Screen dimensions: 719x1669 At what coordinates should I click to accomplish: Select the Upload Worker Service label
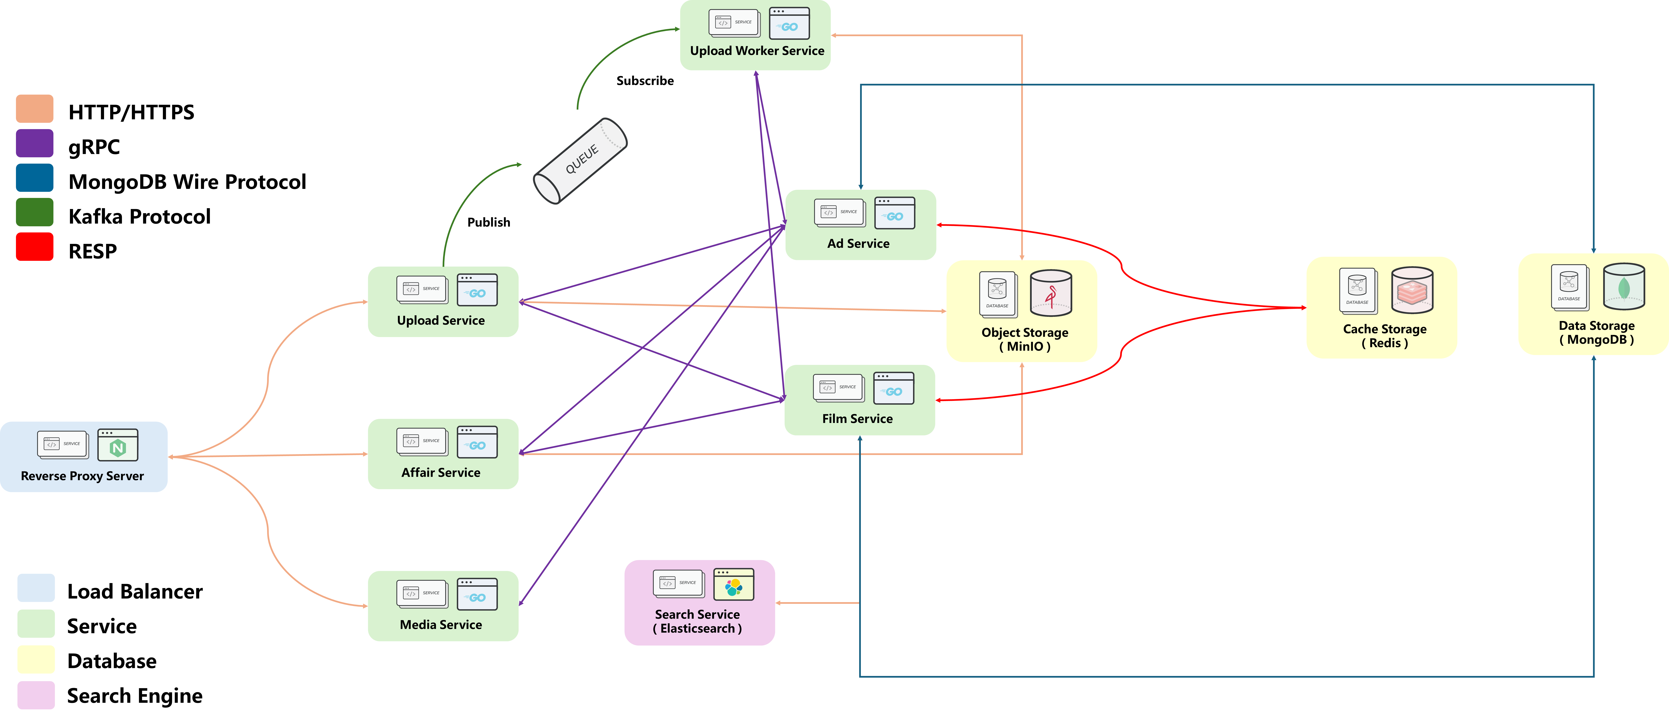(757, 50)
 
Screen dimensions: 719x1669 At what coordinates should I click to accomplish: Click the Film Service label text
(857, 418)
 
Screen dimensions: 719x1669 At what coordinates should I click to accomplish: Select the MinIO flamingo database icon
(1050, 293)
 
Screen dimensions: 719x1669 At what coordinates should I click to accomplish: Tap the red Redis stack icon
(1412, 290)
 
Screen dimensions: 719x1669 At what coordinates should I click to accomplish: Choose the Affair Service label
(441, 472)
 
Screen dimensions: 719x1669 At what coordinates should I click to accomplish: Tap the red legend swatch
(34, 247)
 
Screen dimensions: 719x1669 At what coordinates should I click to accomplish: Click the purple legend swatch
(34, 143)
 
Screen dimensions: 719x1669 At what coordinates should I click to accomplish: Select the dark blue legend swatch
(34, 178)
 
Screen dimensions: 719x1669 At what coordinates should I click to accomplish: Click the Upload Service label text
(441, 320)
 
